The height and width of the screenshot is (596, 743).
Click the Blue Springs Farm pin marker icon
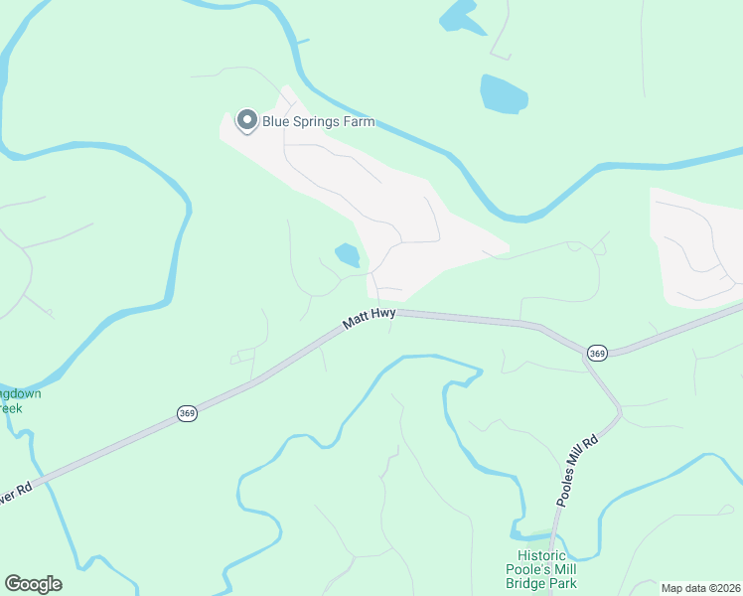[245, 121]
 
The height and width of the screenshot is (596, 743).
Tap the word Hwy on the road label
[384, 313]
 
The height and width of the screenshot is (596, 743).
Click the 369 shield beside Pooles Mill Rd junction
[597, 353]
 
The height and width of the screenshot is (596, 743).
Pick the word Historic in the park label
[541, 556]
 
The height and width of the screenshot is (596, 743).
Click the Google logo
[33, 584]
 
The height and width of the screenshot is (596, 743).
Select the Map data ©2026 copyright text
[701, 588]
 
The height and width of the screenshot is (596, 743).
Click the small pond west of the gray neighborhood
[347, 255]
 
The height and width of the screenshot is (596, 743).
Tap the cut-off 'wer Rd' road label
[15, 493]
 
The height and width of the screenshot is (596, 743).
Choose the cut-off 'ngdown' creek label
[20, 393]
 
